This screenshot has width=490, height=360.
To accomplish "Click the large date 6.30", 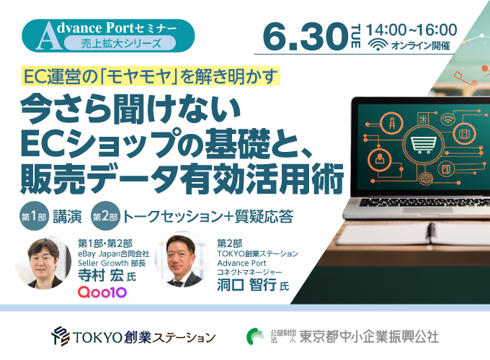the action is (306, 37).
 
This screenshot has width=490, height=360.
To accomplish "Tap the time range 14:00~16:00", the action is (411, 30).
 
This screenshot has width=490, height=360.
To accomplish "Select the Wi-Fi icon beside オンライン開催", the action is (378, 45).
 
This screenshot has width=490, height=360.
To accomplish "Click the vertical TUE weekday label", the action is (355, 36).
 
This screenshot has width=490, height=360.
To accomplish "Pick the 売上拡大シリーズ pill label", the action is (120, 43).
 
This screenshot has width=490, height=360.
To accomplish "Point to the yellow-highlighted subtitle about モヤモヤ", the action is (151, 76).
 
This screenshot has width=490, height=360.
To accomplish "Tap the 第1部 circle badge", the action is (34, 216).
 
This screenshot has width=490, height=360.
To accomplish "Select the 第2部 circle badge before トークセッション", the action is (105, 216).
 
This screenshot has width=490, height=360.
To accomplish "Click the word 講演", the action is (67, 217).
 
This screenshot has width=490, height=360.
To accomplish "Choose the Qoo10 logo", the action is (102, 292).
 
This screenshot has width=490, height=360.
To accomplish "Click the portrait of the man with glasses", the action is (43, 261).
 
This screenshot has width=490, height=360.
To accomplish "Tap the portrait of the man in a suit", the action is (182, 260).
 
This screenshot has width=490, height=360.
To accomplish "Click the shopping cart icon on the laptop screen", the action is (424, 145).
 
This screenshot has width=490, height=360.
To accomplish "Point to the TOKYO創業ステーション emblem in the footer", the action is (61, 336).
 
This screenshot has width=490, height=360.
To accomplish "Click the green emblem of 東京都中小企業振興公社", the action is (255, 336).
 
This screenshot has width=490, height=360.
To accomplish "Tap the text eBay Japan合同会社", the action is (113, 253).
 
